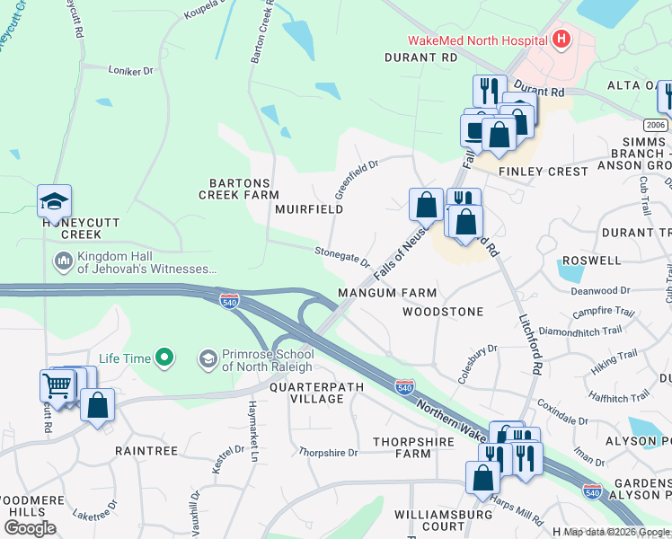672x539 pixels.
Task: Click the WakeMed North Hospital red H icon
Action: click(x=561, y=40)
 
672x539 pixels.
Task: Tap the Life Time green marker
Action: click(x=164, y=358)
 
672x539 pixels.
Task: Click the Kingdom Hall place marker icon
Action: click(x=63, y=261)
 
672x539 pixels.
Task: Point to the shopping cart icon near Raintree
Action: click(x=57, y=386)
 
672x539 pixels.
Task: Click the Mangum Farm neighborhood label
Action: click(x=387, y=293)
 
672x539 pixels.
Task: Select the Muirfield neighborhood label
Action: click(x=310, y=209)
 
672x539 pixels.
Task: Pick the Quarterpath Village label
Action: click(x=305, y=393)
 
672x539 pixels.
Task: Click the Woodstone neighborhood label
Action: click(x=443, y=312)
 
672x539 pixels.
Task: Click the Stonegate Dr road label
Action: click(x=342, y=257)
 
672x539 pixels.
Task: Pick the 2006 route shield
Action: click(x=655, y=125)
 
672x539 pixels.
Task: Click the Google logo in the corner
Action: click(x=30, y=528)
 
